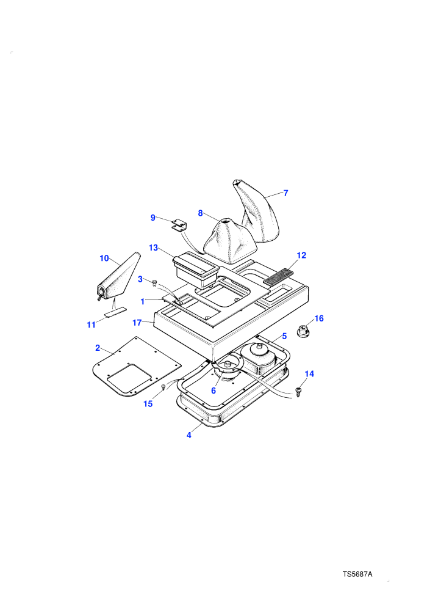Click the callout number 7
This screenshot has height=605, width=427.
[x=285, y=193]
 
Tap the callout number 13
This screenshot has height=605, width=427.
[x=153, y=248]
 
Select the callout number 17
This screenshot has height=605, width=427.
[x=137, y=323]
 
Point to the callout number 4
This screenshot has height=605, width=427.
[x=188, y=435]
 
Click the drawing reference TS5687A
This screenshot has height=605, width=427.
[x=357, y=574]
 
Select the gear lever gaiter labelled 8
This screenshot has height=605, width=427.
[x=230, y=241]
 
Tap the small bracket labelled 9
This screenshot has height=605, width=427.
[x=179, y=225]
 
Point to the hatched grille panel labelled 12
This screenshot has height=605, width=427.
[x=278, y=277]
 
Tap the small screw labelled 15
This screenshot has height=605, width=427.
[x=163, y=387]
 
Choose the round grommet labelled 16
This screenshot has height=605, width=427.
[x=304, y=331]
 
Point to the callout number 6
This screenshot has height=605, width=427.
[x=213, y=391]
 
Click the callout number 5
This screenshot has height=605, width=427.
[x=284, y=336]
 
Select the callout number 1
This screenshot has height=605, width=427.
[x=143, y=301]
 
